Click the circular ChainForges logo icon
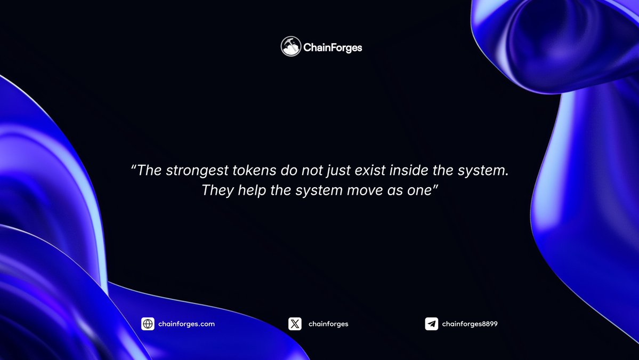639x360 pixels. tap(291, 47)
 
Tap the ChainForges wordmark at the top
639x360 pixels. tap(333, 47)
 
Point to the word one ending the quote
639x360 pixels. tap(418, 190)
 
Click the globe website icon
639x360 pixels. tap(148, 324)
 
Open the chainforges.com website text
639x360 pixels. tap(187, 324)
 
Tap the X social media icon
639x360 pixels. tap(295, 324)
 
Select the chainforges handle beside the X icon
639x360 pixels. tap(328, 324)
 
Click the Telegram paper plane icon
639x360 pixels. tap(431, 324)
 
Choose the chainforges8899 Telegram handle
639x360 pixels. tap(470, 324)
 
